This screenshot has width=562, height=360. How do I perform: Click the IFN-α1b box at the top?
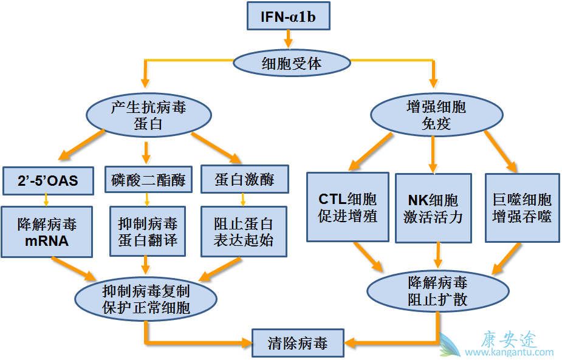click(288, 16)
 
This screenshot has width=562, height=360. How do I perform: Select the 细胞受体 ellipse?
click(292, 63)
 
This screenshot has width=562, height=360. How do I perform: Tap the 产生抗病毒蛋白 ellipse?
click(149, 116)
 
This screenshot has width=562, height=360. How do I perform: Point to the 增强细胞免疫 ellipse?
click(436, 116)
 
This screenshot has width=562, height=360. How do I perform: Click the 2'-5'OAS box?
click(48, 180)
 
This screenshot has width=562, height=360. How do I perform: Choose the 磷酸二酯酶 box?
click(148, 180)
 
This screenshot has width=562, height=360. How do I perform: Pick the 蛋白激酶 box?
click(244, 180)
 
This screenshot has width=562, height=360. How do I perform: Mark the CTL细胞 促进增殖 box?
click(348, 208)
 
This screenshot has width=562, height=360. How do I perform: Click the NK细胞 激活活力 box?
click(433, 208)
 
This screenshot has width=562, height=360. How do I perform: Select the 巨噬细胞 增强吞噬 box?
click(521, 208)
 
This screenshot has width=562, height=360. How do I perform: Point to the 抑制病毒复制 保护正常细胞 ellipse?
click(146, 299)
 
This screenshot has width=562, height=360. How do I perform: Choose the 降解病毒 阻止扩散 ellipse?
click(437, 291)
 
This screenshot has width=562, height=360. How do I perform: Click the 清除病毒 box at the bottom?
click(298, 344)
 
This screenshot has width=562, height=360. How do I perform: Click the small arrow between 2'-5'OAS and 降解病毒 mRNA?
click(46, 200)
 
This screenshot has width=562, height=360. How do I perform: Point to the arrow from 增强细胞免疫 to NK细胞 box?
click(433, 154)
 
